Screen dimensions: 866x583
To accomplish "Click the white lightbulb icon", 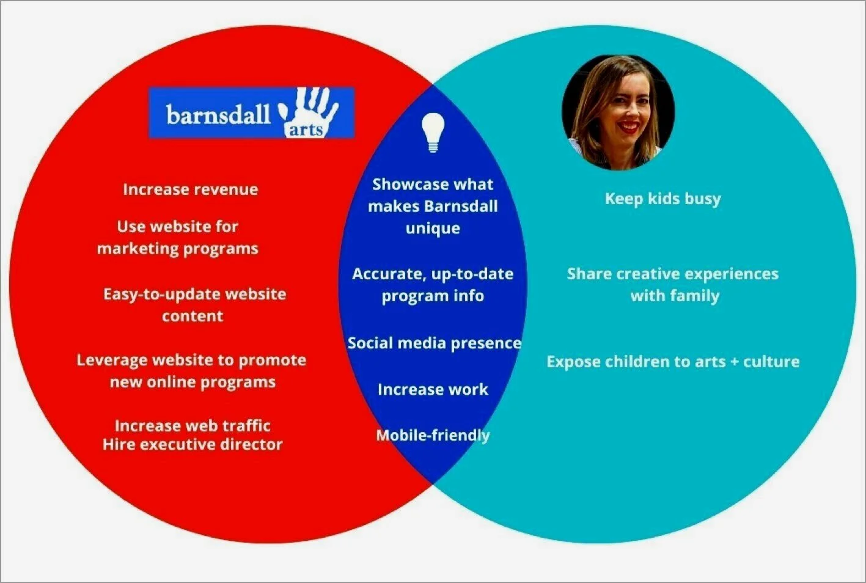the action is (x=433, y=132).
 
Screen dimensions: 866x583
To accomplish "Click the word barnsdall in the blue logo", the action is (x=218, y=115).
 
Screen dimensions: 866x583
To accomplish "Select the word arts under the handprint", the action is (x=306, y=130).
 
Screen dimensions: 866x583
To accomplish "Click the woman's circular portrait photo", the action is (x=618, y=112).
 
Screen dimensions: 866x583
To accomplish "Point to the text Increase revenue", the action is (x=191, y=189).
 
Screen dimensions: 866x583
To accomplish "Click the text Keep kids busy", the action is (x=663, y=199).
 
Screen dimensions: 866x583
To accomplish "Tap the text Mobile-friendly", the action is (x=433, y=435).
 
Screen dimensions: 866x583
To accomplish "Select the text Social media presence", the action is (x=435, y=343).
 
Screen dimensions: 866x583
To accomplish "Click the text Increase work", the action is (x=433, y=389).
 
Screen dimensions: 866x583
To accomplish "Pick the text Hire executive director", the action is (x=193, y=444).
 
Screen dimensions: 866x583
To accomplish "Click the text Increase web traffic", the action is (x=193, y=426).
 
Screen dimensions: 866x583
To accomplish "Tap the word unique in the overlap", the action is (x=433, y=229).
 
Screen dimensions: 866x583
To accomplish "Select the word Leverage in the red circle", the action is (x=112, y=361).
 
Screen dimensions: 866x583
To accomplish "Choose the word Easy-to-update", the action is (x=162, y=295).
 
